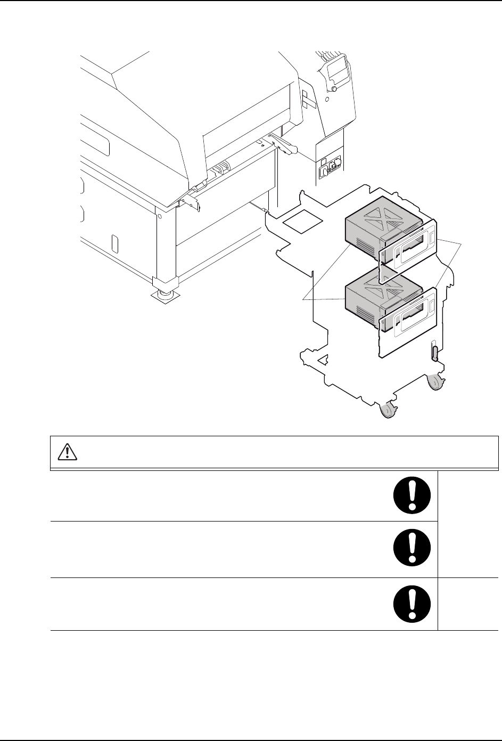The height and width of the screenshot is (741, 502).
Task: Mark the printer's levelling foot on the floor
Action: point(166,294)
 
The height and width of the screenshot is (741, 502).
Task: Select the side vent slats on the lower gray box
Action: point(364,314)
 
